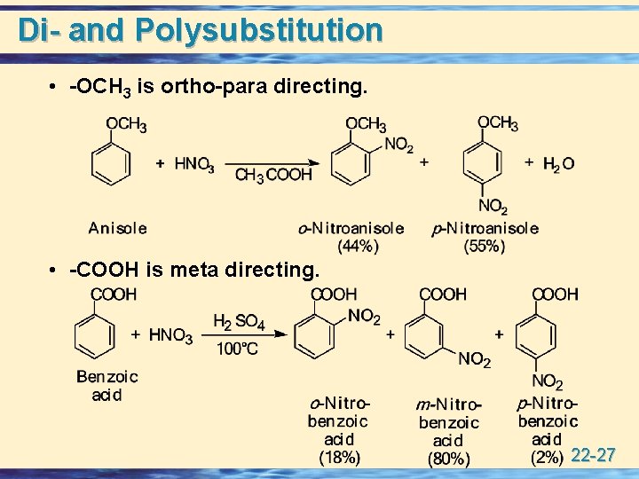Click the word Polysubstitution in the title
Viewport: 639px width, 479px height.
point(259,29)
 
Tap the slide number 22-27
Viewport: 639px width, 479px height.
point(594,456)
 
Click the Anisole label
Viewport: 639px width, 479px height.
point(117,228)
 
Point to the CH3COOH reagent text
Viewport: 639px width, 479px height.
point(273,176)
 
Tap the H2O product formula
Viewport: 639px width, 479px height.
point(558,164)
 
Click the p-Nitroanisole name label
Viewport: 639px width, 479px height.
point(485,228)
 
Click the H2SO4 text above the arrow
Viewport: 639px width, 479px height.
point(239,322)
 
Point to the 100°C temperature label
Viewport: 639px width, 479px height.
point(237,349)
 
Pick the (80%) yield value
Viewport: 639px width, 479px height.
point(448,459)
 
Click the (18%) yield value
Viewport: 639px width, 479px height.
point(339,458)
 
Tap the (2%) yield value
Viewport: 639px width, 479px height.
point(547,458)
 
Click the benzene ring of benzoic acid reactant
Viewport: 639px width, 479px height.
point(96,334)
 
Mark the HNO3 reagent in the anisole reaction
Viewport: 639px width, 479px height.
point(194,164)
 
